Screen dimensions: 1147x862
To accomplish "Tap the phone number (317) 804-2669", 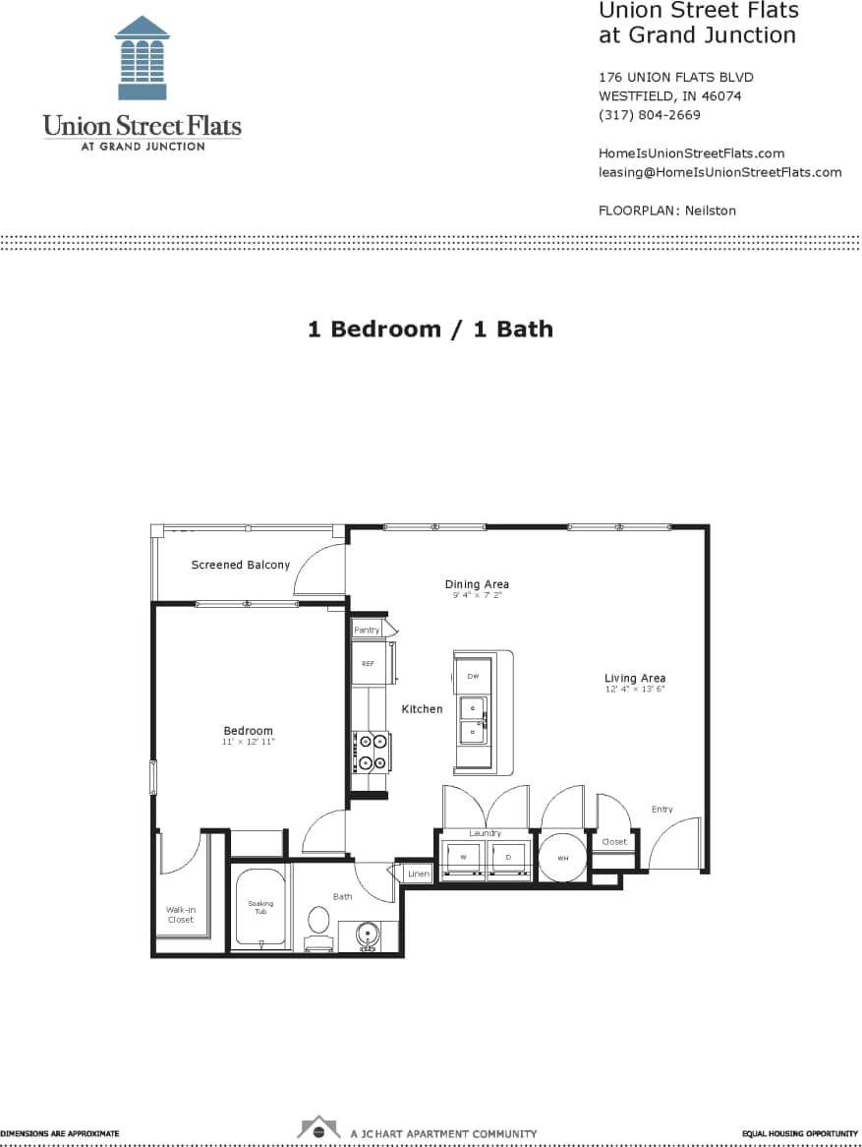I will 649,115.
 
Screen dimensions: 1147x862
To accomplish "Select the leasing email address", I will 719,172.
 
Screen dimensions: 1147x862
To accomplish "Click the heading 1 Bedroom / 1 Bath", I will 431,329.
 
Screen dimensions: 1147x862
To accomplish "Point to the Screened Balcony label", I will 241,565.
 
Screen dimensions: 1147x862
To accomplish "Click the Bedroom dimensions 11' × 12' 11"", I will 248,742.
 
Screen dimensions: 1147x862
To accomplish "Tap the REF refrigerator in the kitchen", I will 369,663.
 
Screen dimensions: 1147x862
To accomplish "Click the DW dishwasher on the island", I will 473,676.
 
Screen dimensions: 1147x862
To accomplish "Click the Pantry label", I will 367,630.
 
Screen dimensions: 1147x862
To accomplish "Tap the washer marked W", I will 463,858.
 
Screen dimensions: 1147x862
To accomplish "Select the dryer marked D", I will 509,858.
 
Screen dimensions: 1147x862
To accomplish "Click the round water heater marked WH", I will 563,859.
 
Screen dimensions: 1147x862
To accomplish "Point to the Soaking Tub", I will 260,908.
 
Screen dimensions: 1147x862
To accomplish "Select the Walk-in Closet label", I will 181,915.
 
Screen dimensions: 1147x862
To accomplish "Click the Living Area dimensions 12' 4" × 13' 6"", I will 635,690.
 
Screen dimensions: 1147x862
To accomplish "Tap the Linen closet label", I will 419,874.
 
